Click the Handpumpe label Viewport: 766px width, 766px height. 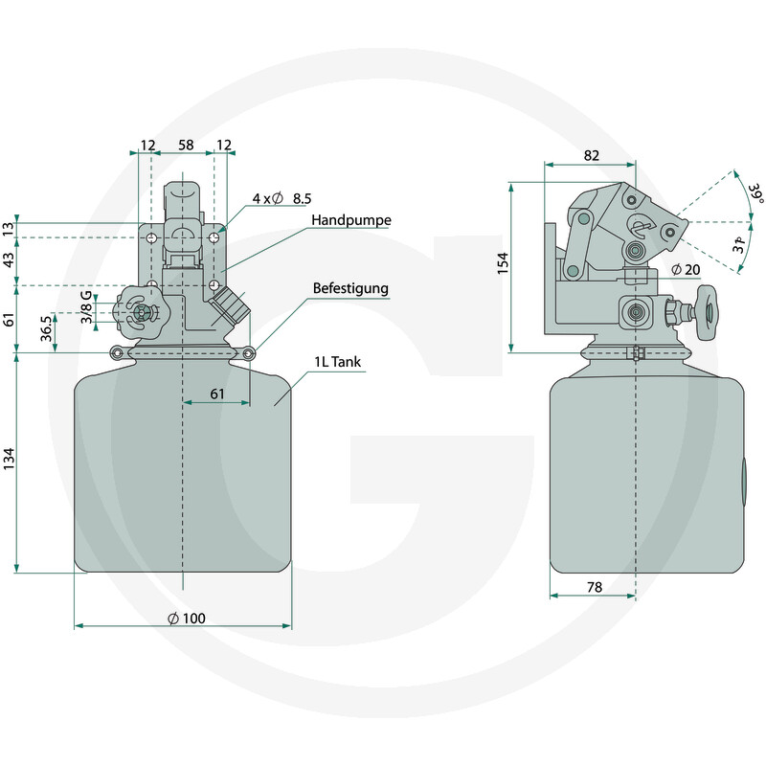point(351,220)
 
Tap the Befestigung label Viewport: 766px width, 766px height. point(350,288)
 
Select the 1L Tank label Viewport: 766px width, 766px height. point(338,362)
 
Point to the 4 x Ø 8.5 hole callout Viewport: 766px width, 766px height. point(282,198)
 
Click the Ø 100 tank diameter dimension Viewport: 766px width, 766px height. point(187,619)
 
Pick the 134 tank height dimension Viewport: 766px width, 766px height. point(10,460)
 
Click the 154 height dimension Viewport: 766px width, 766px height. point(503,263)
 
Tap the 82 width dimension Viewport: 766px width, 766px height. point(591,155)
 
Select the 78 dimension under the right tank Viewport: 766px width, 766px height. point(595,587)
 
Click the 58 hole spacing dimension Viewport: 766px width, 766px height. point(186,145)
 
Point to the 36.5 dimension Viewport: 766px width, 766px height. point(46,328)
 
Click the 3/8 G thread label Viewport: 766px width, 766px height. point(86,307)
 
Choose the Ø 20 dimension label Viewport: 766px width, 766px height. point(686,269)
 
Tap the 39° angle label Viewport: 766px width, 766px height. point(755,193)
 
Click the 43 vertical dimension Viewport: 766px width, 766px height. point(10,260)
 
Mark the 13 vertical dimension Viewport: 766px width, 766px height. point(10,229)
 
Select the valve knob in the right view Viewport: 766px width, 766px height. point(707,313)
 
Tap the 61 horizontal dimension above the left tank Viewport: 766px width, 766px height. point(217,394)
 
